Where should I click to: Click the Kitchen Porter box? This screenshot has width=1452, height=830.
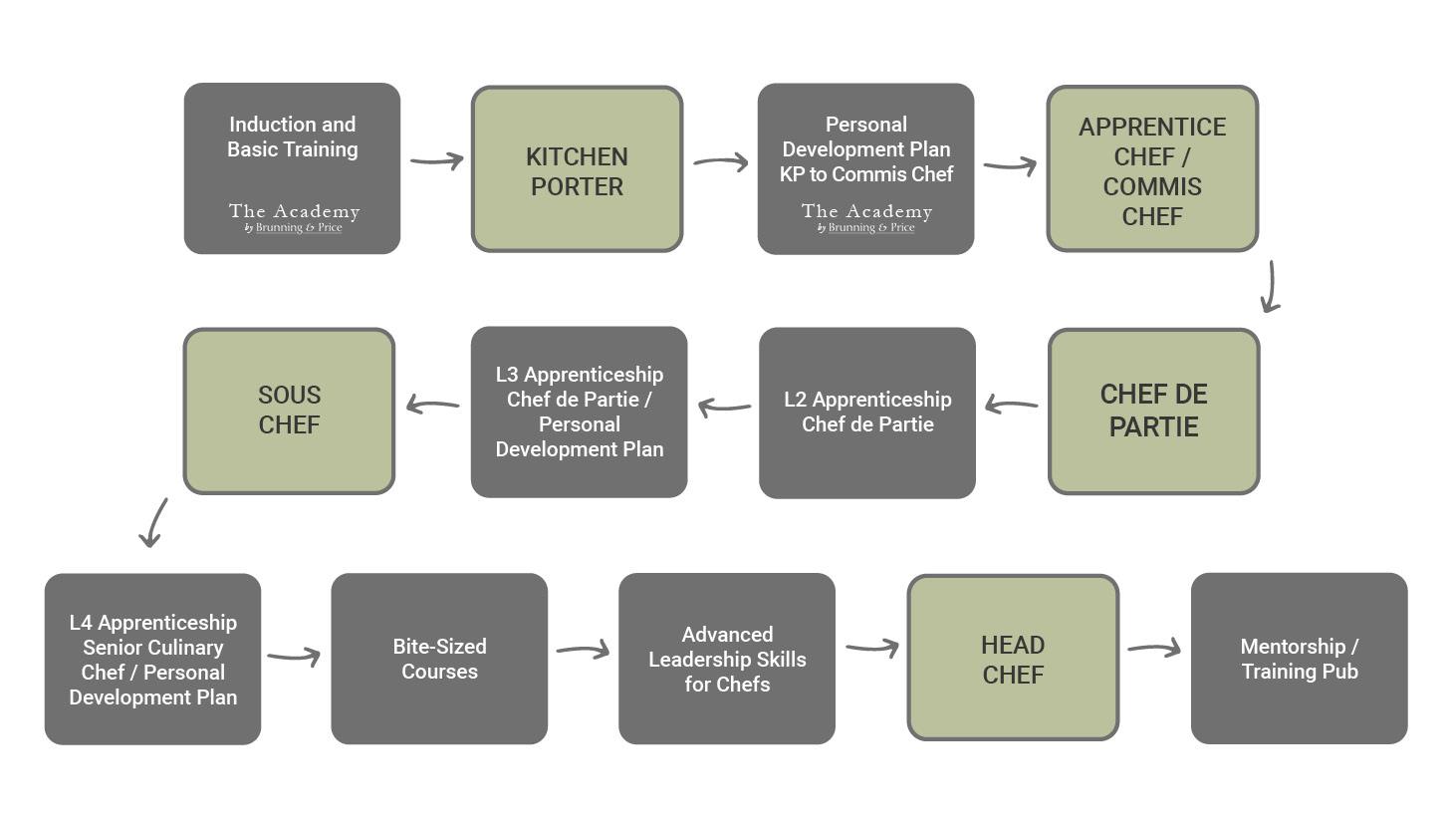coord(577,169)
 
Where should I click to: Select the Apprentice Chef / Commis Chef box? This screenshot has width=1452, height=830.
coord(1152,169)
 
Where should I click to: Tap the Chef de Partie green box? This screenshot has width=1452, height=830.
coord(1153,412)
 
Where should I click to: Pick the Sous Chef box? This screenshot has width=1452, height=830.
coord(289,411)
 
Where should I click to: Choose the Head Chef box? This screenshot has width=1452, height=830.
coord(1013,658)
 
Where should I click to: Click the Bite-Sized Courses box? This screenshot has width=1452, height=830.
coord(439,658)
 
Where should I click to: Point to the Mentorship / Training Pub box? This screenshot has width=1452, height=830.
coord(1299,658)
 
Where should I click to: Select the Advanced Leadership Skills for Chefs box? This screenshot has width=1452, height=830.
coord(727,658)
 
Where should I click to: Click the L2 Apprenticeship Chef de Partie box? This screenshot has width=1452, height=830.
coord(866,412)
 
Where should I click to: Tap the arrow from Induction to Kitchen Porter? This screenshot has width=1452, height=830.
coord(436,160)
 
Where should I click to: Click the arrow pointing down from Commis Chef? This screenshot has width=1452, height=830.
coord(1270,287)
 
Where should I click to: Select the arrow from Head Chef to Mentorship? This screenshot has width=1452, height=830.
coord(1154,649)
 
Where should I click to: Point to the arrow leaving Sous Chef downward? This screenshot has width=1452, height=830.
coord(153,523)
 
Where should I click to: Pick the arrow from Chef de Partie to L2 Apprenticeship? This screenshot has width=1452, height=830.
coord(1011,405)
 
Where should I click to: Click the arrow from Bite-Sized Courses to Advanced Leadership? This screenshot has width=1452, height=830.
coord(583,651)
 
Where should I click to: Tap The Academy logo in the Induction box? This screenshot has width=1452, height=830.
coord(293,218)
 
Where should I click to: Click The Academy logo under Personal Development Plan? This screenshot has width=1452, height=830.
coord(866,218)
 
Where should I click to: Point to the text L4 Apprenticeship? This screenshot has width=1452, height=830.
coord(152,623)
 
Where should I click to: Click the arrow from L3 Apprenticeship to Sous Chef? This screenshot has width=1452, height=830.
coord(432,405)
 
